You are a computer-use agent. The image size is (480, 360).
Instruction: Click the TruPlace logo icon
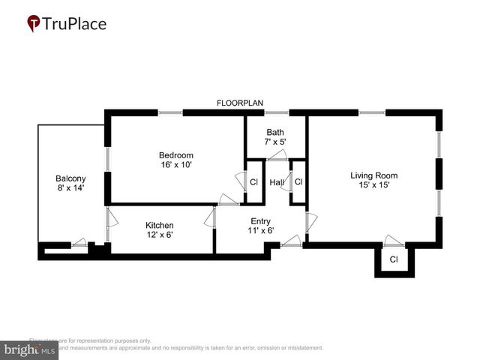(34, 24)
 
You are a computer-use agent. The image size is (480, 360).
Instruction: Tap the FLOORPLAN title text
(240, 103)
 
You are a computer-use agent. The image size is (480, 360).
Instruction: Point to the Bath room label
(274, 132)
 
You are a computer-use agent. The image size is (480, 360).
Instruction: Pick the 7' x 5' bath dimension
(274, 142)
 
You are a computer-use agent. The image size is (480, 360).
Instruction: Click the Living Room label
(373, 175)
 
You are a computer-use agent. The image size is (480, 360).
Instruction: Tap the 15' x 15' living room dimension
(373, 185)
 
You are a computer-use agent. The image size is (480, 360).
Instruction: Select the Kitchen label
(160, 225)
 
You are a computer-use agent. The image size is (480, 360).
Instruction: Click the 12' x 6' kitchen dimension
(160, 235)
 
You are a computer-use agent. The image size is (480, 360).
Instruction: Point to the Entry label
(261, 220)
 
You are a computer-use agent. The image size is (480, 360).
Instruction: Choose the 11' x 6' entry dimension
(261, 230)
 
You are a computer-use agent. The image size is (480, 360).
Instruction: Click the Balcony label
(71, 178)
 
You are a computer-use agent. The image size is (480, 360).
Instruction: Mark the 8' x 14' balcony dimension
(71, 188)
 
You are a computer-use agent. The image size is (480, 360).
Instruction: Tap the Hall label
(276, 182)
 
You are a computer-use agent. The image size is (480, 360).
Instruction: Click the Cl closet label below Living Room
(394, 260)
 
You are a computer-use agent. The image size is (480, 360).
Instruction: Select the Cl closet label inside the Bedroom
(253, 182)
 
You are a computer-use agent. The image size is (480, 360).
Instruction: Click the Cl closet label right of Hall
(298, 181)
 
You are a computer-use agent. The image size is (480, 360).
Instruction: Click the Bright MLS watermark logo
(30, 349)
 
